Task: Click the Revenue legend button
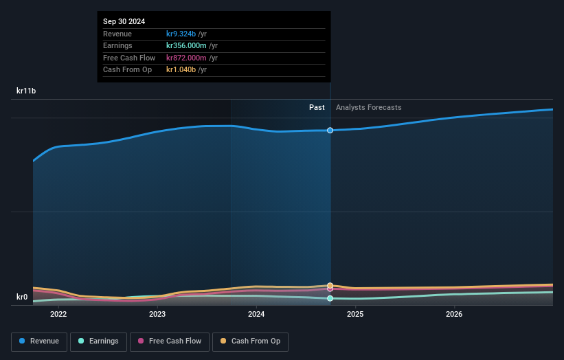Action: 40,341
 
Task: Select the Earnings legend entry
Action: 98,341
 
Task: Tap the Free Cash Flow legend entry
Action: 170,341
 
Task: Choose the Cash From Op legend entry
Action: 250,341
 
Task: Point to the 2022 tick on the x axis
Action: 58,315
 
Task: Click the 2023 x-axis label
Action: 157,315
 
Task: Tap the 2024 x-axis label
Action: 256,315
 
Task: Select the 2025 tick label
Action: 355,315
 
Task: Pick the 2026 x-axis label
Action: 454,315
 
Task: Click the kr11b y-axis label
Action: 26,91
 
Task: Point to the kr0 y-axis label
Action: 22,297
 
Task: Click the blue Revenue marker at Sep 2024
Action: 330,130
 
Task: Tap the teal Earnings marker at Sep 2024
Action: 330,298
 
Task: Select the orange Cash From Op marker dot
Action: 330,285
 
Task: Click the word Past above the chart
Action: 317,107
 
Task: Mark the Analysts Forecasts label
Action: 368,107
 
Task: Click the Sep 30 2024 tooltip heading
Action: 124,22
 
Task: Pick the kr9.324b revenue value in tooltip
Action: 181,34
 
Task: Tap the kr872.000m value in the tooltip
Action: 187,58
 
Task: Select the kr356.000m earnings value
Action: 187,45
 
